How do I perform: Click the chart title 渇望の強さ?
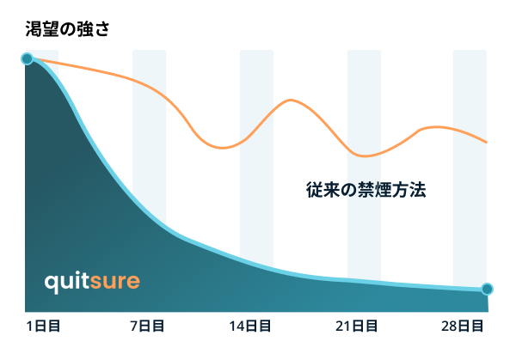coord(67,29)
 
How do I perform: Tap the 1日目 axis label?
coord(43,326)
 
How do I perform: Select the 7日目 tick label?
coord(147,326)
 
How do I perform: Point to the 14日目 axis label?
coord(250,326)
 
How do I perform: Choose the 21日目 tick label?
coord(356,326)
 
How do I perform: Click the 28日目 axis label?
coord(463,326)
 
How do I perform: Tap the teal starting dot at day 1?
coord(27,58)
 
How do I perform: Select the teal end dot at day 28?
coord(487,289)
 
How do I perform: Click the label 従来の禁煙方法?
coord(366,190)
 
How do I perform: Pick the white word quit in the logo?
coord(67,282)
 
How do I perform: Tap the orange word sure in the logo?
coord(115,282)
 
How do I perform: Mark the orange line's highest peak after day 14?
coord(291,100)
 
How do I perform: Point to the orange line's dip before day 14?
coord(223,148)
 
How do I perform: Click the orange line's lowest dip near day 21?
coord(365,156)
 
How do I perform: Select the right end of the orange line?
coord(487,142)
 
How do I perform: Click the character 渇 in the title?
coord(34,29)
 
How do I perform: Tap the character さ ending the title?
coord(101,29)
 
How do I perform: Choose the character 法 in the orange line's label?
coord(418,190)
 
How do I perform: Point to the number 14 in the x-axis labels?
coord(236,326)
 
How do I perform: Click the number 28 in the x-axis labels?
coord(449,326)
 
